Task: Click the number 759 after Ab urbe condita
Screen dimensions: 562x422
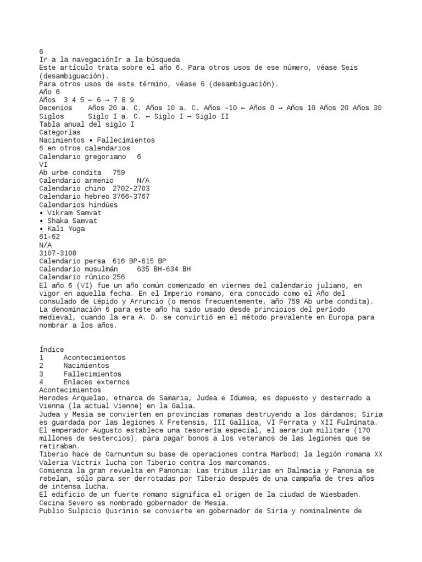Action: point(118,172)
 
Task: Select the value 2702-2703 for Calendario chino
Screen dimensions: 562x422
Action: point(131,188)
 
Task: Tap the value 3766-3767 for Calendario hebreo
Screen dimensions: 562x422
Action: point(131,196)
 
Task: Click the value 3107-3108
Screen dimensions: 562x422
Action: point(58,253)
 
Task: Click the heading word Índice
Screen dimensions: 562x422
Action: point(52,350)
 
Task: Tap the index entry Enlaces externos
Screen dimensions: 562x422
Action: point(96,382)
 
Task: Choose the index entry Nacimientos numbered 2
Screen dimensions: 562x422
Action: point(86,366)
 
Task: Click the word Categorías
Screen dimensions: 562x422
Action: point(60,132)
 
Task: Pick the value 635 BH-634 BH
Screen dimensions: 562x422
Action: point(164,269)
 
